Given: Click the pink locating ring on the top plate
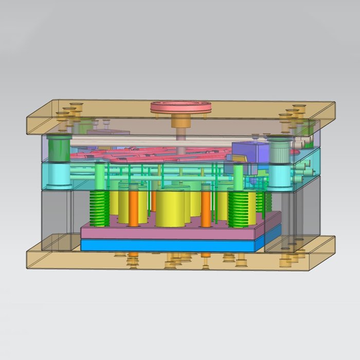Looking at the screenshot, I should (181, 107).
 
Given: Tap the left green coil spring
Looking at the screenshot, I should (99, 208).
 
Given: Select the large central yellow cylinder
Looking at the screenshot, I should (170, 208).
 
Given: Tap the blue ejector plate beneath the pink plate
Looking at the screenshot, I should (170, 246).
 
